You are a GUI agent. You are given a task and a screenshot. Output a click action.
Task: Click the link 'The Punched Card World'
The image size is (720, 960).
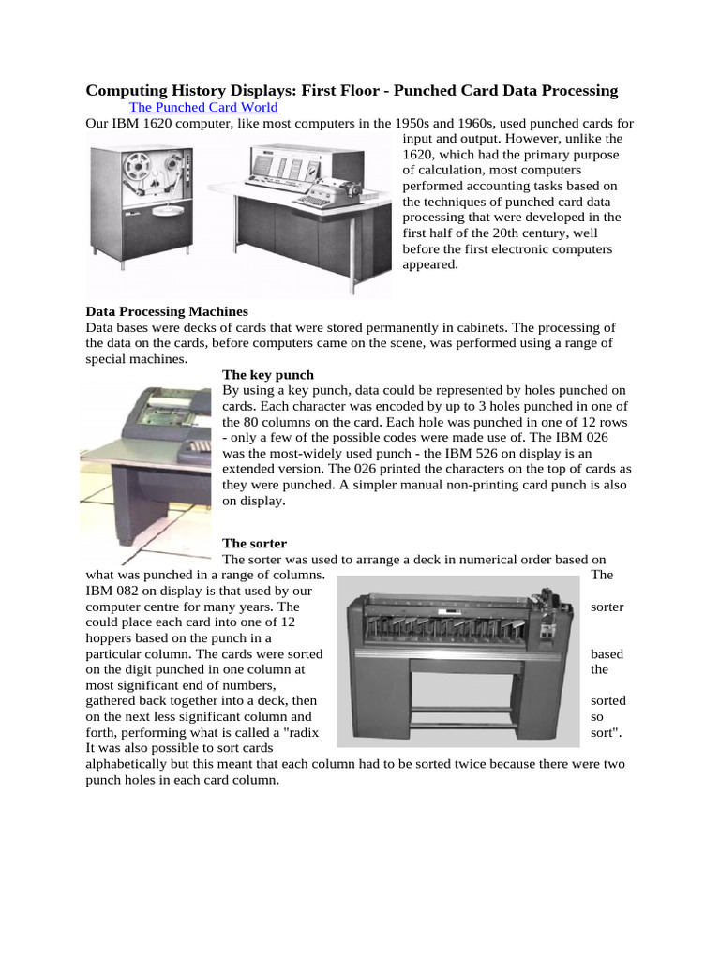(x=203, y=107)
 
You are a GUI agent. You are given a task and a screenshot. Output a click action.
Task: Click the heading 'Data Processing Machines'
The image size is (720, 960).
(x=167, y=311)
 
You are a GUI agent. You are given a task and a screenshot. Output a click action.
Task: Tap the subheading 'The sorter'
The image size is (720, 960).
(x=254, y=543)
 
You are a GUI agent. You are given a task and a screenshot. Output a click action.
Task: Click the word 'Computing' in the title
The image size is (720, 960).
(x=126, y=90)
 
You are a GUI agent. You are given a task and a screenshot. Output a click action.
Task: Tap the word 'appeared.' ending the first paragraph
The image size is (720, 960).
(x=430, y=264)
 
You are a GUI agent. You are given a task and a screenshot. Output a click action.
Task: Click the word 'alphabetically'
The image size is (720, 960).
(x=127, y=764)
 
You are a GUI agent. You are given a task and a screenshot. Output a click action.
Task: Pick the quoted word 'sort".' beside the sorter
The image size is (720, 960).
(x=609, y=732)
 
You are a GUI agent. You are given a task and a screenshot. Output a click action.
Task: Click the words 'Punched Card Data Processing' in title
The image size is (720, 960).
(x=505, y=90)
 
